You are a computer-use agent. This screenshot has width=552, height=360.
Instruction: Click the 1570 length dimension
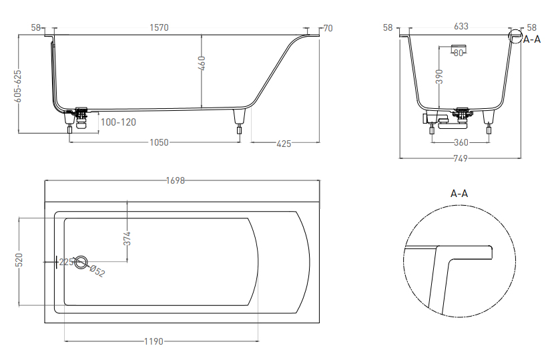coord(159,27)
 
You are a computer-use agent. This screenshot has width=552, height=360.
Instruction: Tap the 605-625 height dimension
coord(17,86)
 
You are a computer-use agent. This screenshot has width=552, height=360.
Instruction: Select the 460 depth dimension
coord(202,63)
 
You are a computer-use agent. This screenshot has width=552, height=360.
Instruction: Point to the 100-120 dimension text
coord(118,122)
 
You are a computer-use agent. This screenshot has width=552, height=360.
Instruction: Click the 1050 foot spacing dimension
coord(159,142)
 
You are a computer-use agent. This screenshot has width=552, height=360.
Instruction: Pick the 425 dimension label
coord(284,144)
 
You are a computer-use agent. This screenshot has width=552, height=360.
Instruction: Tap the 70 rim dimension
coord(328,28)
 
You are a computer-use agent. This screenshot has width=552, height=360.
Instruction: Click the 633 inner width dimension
coord(461,27)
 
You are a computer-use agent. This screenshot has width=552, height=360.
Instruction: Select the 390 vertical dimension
coord(439,76)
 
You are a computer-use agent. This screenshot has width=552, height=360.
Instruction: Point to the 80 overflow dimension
coord(459,53)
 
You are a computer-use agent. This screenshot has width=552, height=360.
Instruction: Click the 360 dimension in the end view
coord(461,142)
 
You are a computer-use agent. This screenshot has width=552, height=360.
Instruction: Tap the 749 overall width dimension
coord(461,158)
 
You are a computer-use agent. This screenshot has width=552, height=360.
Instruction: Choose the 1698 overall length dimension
coord(176,180)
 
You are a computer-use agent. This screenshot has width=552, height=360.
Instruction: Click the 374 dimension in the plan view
coord(127,238)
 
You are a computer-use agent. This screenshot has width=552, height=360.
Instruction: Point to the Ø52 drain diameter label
coord(97,271)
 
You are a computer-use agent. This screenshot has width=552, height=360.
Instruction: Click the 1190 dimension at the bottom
coord(154,341)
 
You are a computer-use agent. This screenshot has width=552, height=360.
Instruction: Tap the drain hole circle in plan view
coord(81,262)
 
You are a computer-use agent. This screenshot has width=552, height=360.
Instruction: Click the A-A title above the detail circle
coord(459,194)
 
